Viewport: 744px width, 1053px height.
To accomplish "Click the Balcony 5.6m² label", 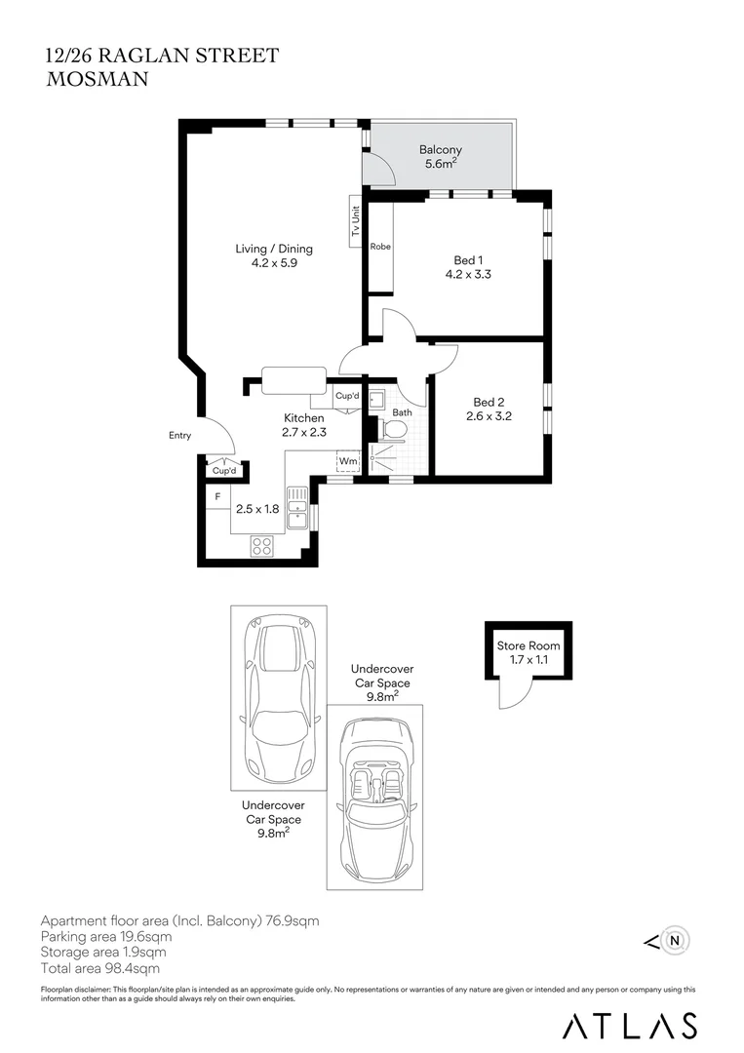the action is tap(441, 156).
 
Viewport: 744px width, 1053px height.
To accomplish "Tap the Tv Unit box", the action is tap(355, 221).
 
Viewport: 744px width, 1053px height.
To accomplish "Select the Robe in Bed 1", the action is tap(380, 247).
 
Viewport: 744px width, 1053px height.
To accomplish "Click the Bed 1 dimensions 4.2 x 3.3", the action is tap(468, 274).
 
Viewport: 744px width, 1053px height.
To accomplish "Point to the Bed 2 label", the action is tap(489, 402).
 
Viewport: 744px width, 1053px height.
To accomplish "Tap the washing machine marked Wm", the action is tap(348, 461).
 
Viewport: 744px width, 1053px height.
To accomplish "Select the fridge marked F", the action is tap(218, 497).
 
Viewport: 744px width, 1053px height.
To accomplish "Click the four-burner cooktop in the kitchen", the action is tap(262, 545).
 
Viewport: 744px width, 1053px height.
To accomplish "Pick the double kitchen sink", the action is tap(296, 508).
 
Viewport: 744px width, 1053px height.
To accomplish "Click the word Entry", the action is tap(180, 435).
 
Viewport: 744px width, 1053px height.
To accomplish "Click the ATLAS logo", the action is tap(629, 1026).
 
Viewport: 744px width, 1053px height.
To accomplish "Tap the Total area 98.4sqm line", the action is tap(100, 968).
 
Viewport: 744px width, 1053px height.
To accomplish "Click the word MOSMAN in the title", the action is tap(98, 79).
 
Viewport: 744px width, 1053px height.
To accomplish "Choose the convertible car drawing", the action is tap(374, 798).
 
